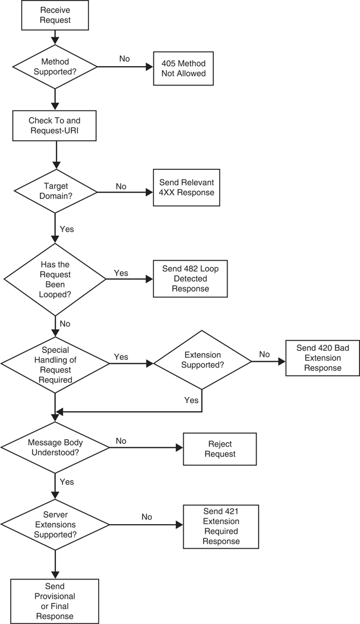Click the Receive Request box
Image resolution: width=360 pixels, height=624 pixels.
point(55,15)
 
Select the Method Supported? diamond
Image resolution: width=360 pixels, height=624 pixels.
point(55,67)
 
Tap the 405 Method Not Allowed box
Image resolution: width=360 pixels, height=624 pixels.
point(183,69)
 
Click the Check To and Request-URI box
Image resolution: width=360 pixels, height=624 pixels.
point(55,125)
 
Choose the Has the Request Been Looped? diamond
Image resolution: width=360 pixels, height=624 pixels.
point(55,279)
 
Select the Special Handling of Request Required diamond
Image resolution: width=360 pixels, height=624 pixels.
point(55,363)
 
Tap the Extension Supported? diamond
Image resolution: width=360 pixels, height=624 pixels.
point(203,360)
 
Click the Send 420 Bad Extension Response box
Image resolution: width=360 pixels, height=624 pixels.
point(322,358)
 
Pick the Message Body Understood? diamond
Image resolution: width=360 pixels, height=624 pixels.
point(55,448)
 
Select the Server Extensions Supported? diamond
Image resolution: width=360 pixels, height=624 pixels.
point(55,525)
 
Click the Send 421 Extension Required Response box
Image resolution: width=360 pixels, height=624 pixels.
point(221,525)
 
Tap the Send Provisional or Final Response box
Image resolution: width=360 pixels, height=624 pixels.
point(55,601)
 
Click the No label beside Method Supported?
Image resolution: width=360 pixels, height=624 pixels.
point(124,58)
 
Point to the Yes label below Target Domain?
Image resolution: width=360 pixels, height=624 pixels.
point(67,229)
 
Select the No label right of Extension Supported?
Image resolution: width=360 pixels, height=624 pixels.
point(264,354)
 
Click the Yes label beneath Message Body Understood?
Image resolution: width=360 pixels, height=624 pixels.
point(67,481)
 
